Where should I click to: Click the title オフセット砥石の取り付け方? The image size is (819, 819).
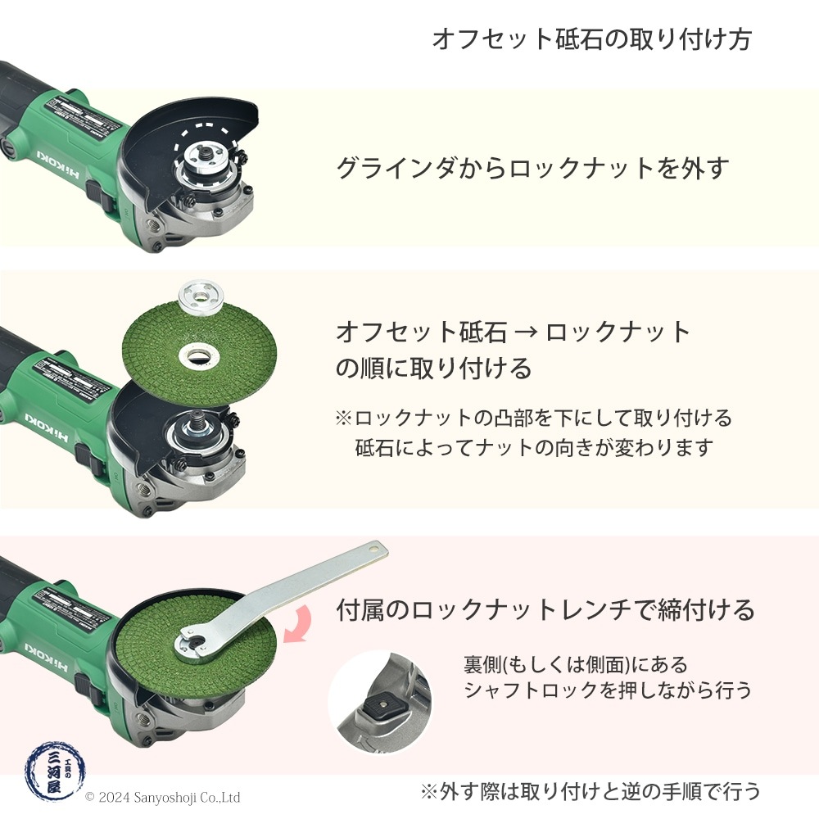(590, 39)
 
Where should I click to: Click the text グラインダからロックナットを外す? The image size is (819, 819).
(532, 168)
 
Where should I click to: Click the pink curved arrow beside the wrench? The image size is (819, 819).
(296, 623)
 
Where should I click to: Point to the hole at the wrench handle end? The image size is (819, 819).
(374, 546)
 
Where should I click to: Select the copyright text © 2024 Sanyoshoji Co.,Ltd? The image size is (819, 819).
(162, 796)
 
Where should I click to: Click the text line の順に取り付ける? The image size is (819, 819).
(434, 368)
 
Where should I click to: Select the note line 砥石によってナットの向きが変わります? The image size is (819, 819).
(534, 448)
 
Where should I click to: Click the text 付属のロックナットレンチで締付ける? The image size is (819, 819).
(545, 610)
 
